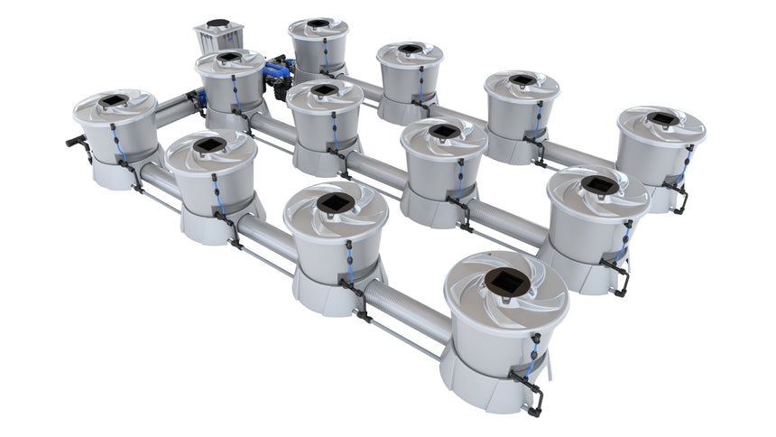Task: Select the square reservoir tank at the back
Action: click(218, 39)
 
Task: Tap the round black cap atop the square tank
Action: click(218, 23)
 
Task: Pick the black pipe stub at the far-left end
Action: click(73, 141)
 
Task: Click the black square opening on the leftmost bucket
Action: click(113, 100)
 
